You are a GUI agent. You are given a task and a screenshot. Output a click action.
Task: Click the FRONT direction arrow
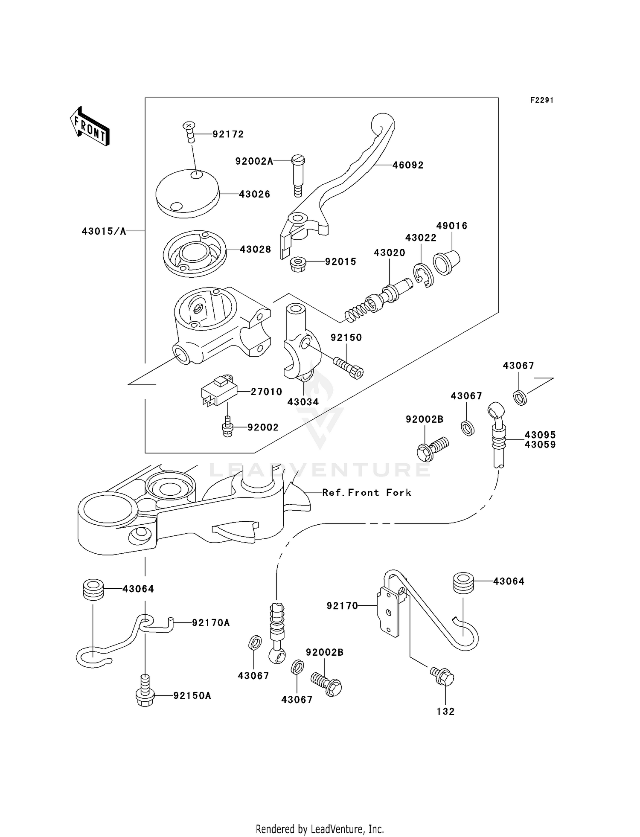coord(90,127)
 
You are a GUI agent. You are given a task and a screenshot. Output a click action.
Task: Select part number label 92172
coord(228,134)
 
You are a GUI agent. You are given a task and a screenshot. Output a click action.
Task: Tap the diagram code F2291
coord(541,100)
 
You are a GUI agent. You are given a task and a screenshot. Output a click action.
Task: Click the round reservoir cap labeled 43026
coord(187,193)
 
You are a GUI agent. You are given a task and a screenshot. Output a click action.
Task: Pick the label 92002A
coord(254,161)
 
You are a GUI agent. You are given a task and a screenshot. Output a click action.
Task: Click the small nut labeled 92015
coord(298,264)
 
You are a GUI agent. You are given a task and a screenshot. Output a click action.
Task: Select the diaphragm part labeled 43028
coord(195,253)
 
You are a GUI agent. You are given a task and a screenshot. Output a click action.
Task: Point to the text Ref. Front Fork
coord(367,493)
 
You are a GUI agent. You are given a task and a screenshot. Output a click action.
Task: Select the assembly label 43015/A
coord(104,231)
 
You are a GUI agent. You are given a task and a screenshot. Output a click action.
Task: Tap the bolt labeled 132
coord(443,676)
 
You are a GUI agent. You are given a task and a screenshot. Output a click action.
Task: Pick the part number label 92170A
coord(211,623)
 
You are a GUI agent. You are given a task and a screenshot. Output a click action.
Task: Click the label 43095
coord(540,435)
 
